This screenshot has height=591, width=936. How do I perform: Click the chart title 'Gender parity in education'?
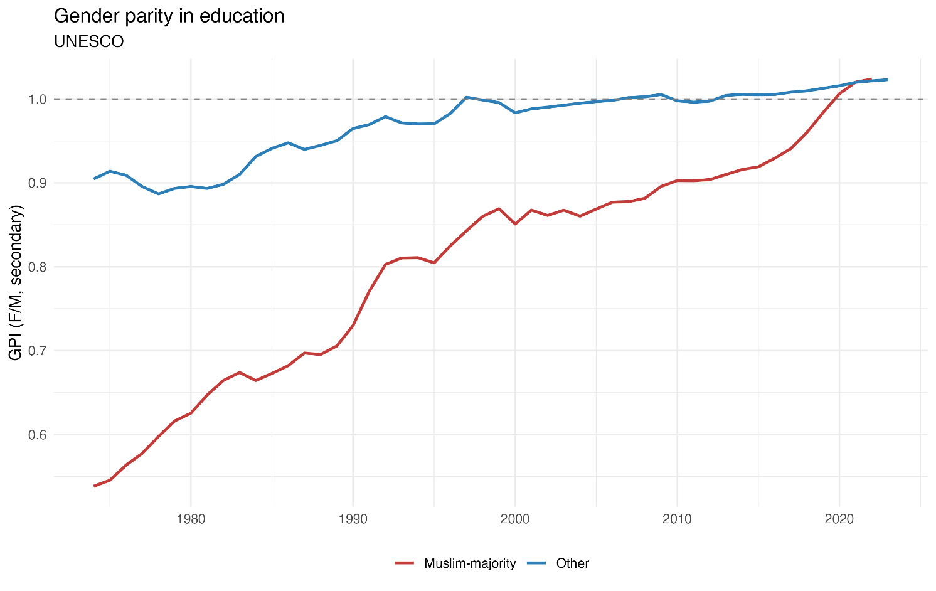169,17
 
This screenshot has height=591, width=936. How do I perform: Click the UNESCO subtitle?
89,41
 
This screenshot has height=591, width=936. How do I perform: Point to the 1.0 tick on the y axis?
37,100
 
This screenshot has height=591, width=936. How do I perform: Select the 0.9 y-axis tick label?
37,183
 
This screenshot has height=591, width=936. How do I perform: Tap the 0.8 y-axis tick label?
37,267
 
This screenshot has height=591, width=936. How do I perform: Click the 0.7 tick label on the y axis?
37,351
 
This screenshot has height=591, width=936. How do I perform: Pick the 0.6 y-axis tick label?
37,435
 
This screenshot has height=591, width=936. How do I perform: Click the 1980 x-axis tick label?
191,519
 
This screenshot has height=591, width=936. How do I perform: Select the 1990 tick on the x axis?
353,519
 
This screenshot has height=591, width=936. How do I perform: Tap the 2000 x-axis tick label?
515,519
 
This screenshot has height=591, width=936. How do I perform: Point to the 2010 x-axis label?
678,519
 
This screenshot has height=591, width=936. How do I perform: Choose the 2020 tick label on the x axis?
839,519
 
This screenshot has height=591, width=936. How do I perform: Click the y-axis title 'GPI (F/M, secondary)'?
16,282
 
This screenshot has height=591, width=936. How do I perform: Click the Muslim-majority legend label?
470,563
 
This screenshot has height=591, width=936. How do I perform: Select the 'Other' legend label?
573,563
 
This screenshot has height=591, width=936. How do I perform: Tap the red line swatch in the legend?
405,563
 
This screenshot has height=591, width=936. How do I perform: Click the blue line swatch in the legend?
536,563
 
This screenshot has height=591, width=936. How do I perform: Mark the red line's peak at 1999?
499,208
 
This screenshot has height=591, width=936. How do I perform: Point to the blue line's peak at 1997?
466,97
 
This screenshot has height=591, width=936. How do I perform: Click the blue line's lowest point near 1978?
158,194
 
